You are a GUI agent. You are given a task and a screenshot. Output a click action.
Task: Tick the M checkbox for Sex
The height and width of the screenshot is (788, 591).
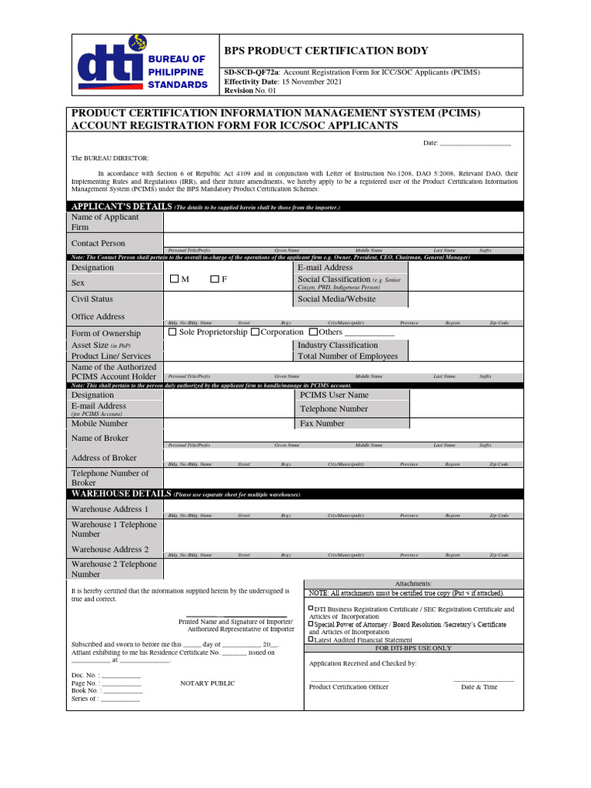(174, 279)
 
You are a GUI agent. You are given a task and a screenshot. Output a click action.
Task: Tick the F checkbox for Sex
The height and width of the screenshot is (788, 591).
(215, 279)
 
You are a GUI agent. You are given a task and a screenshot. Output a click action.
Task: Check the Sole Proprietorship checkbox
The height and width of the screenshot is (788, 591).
(172, 332)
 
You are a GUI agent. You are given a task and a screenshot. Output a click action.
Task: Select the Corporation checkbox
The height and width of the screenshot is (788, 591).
(255, 332)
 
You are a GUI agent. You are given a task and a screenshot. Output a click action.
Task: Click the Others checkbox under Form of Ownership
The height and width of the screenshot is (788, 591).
(312, 332)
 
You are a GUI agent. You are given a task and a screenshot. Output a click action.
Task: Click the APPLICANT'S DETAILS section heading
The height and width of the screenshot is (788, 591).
(121, 207)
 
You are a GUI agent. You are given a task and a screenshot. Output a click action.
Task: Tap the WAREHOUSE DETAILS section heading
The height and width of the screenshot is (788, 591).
(121, 494)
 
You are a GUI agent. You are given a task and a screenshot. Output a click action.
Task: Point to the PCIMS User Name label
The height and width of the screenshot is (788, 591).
(334, 395)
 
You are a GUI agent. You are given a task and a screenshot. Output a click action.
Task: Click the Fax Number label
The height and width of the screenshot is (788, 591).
(322, 423)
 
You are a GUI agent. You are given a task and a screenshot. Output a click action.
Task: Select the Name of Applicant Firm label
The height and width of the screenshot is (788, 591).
(105, 222)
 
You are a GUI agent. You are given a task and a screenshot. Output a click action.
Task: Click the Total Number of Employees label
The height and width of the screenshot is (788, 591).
(348, 356)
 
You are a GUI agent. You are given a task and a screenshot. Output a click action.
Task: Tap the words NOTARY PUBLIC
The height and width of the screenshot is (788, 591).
(208, 683)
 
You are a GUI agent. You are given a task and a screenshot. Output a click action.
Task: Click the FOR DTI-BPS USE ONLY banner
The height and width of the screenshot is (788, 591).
(414, 648)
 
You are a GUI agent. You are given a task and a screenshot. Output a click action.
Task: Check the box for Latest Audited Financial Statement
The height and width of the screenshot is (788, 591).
(311, 639)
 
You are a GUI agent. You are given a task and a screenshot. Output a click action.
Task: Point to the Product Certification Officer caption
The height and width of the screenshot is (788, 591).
(349, 686)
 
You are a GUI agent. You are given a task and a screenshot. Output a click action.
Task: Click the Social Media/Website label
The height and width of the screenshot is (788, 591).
(336, 299)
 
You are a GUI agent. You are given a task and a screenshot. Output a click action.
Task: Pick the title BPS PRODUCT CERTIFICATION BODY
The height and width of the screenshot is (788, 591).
(326, 51)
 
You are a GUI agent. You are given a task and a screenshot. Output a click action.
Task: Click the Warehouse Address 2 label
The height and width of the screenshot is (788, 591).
(110, 549)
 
